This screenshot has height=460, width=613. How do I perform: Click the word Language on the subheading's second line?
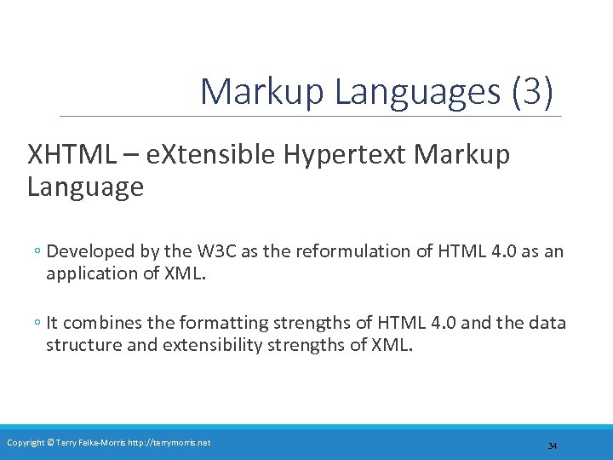[x=85, y=187]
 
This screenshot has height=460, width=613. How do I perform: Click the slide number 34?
[x=552, y=446]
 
